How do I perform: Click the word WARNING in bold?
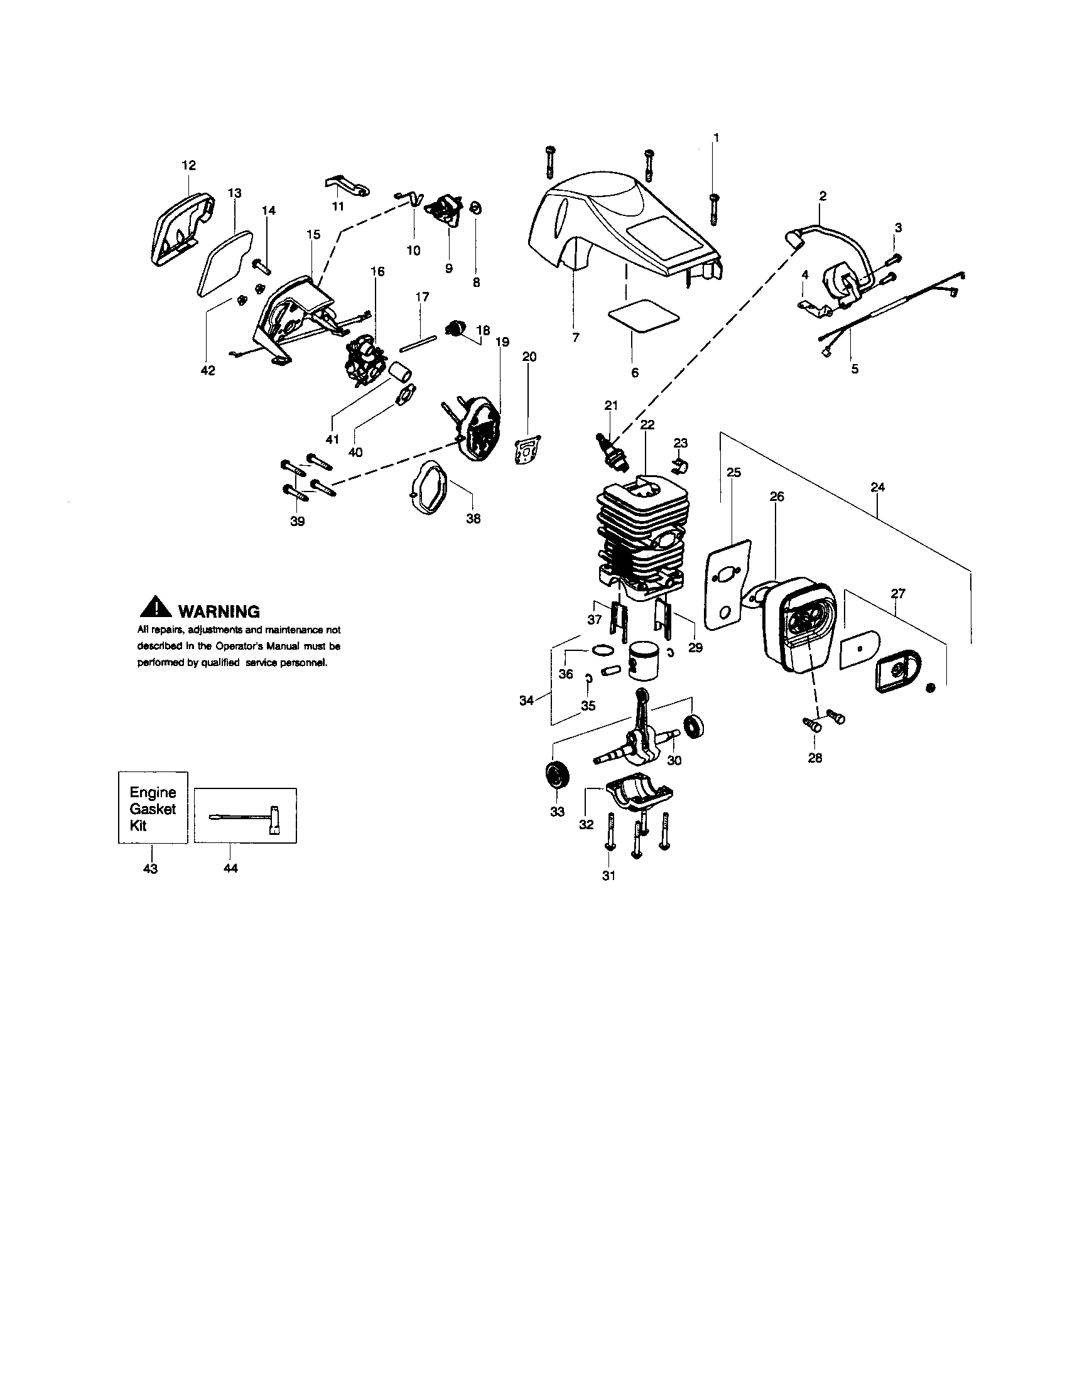219,611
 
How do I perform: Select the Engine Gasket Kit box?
153,808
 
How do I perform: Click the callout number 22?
647,424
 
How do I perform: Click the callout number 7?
575,338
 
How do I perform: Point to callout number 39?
297,521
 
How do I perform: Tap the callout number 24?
877,487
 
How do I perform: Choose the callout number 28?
815,758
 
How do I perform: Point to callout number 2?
823,196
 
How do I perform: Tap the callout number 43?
151,869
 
